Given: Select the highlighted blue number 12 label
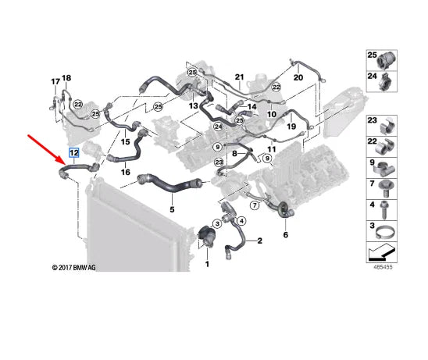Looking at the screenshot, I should click(73, 153).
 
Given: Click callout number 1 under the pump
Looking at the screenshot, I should click(207, 265).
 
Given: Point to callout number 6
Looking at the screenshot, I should click(286, 234).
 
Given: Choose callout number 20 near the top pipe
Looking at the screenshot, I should click(298, 78).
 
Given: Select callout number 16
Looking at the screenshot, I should click(125, 171).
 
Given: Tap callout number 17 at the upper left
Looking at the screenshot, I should click(55, 81).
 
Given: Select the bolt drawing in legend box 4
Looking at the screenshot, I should click(386, 209).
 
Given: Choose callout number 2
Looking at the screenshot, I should click(259, 242).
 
